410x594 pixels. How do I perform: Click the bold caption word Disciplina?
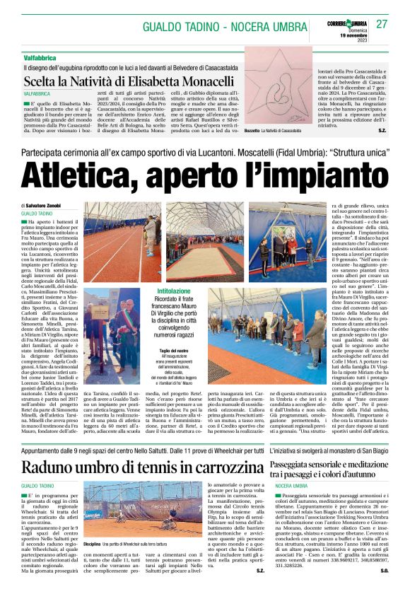[x=93, y=564]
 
